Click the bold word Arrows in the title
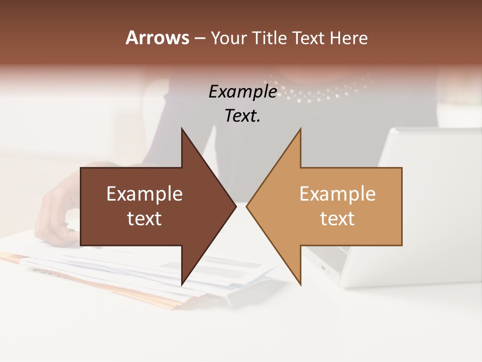tap(157, 38)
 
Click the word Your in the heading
tap(227, 38)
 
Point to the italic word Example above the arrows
tap(243, 92)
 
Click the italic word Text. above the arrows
tap(243, 116)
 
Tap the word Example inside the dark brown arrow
tap(145, 194)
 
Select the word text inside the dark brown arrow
tap(145, 218)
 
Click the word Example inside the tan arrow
tap(337, 194)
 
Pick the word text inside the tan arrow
tap(337, 218)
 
